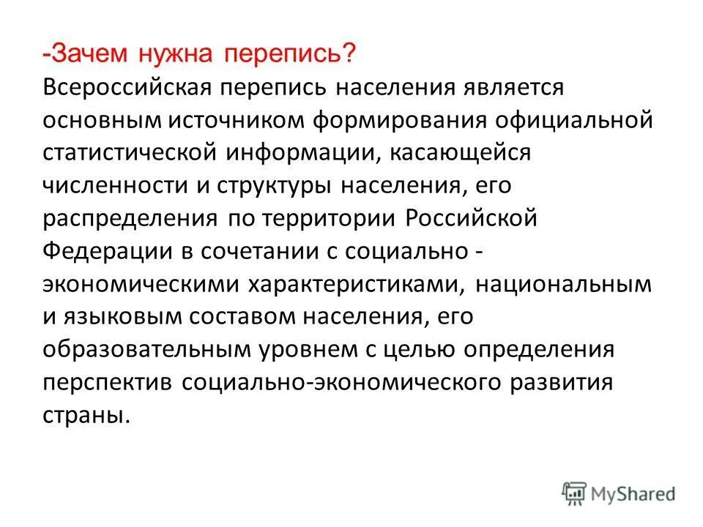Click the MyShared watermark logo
coord(619,492)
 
